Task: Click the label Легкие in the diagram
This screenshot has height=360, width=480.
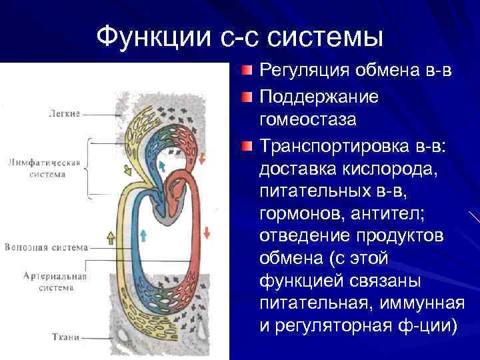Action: [x=64, y=113]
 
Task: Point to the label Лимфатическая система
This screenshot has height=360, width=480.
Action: [x=47, y=168]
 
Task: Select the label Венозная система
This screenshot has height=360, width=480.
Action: [x=46, y=247]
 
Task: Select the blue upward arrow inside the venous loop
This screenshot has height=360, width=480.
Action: [x=143, y=234]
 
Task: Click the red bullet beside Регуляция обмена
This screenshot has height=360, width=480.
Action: [x=247, y=70]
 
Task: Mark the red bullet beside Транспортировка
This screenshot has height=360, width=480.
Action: [x=247, y=146]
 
